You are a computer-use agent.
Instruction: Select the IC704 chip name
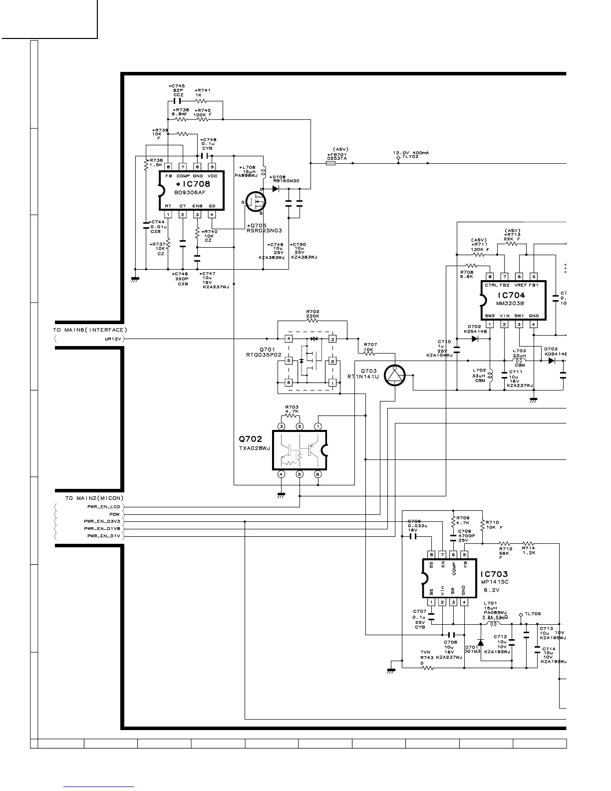pyautogui.click(x=511, y=295)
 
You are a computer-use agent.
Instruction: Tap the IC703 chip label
pyautogui.click(x=494, y=575)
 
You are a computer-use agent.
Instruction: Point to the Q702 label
pyautogui.click(x=250, y=439)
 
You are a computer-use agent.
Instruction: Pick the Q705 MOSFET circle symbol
pyautogui.click(x=256, y=202)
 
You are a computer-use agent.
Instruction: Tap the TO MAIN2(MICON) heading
pyautogui.click(x=94, y=498)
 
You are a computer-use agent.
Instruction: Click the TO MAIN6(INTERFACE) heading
pyautogui.click(x=90, y=330)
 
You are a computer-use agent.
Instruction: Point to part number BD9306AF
pyautogui.click(x=190, y=192)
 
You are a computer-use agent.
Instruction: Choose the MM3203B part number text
pyautogui.click(x=510, y=303)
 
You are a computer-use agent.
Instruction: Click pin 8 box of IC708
pyautogui.click(x=169, y=167)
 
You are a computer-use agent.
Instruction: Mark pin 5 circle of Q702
pyautogui.click(x=300, y=474)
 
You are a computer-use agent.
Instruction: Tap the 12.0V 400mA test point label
pyautogui.click(x=411, y=153)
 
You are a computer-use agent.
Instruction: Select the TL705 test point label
pyautogui.click(x=533, y=614)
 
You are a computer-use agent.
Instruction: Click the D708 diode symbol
pyautogui.click(x=275, y=189)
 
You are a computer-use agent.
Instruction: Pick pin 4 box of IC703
pyautogui.click(x=464, y=602)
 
